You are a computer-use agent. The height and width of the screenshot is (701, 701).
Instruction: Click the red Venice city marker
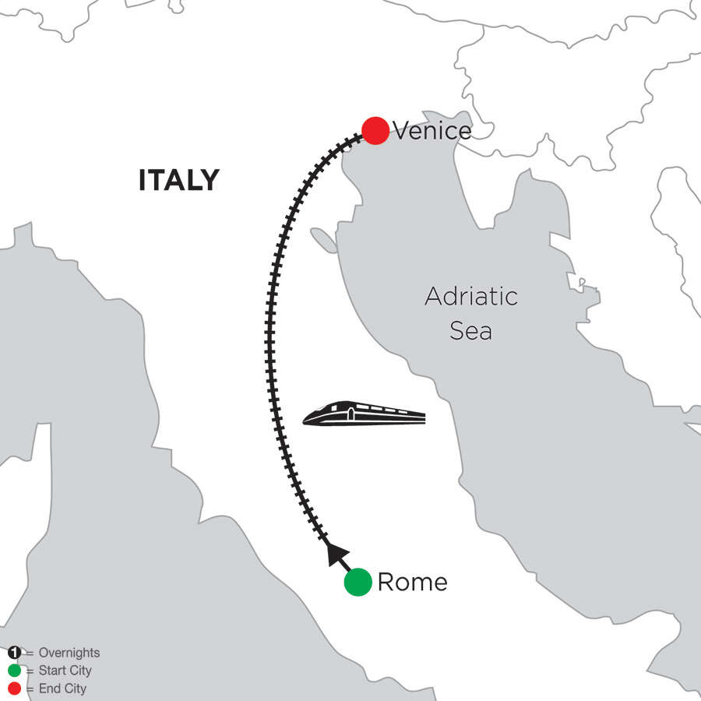click(x=375, y=131)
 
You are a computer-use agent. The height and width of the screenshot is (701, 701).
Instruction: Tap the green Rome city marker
click(x=358, y=582)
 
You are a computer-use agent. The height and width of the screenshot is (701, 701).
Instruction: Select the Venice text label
click(x=432, y=131)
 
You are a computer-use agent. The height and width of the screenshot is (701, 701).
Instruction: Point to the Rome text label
click(x=412, y=582)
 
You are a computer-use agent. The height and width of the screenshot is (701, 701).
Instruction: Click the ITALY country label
click(x=179, y=181)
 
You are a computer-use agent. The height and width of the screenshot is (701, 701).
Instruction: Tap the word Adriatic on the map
click(x=471, y=297)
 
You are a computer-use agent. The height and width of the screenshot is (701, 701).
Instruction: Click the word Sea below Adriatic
click(x=471, y=331)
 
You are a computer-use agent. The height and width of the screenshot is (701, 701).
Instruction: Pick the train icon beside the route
click(x=364, y=414)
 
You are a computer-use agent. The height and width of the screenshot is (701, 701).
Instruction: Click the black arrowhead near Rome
click(x=335, y=553)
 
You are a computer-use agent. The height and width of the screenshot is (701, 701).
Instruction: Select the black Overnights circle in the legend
click(x=15, y=653)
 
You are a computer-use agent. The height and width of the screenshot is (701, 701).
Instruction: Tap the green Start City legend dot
click(x=15, y=671)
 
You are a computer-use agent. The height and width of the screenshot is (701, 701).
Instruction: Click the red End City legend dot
click(x=15, y=689)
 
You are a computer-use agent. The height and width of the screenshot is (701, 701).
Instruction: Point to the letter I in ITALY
click(x=143, y=181)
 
